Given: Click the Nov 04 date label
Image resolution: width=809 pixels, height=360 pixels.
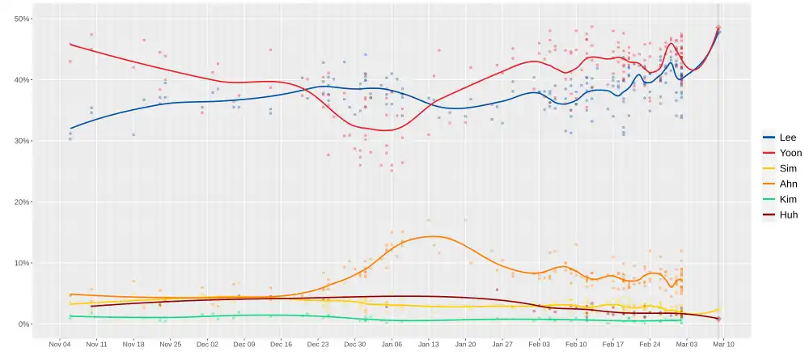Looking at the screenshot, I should (x=60, y=344).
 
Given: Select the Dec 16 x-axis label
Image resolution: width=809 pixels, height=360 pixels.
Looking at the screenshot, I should (x=281, y=344).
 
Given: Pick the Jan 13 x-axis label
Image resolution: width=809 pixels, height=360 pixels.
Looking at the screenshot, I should (x=429, y=344).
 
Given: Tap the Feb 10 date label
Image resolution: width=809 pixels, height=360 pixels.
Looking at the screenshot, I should (x=576, y=344).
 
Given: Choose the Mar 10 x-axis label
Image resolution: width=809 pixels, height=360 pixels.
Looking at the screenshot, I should (x=723, y=344).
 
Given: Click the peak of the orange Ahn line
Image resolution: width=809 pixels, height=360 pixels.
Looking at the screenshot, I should (x=435, y=236).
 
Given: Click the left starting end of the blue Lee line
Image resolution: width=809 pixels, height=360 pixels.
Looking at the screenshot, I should (x=70, y=128).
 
